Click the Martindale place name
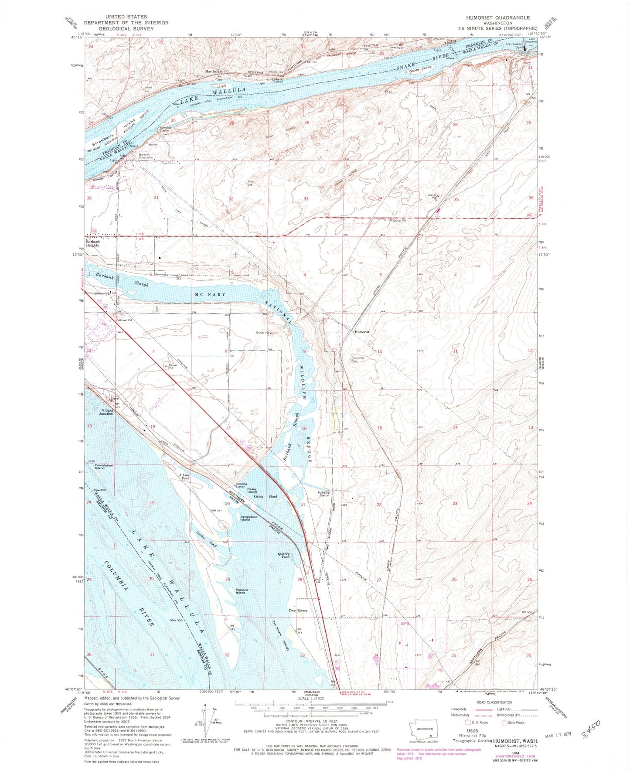214,71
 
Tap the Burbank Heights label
92,243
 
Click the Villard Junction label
106,412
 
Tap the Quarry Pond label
283,556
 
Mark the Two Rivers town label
298,611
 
